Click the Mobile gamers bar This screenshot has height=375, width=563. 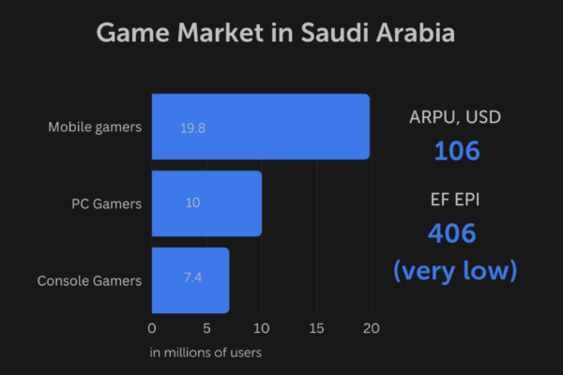260,127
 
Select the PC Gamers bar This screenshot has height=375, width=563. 206,203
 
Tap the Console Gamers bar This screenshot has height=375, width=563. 190,280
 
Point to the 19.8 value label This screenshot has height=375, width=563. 193,127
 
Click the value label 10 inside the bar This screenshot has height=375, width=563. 192,203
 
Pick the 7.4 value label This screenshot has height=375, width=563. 192,280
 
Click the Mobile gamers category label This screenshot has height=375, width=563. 95,127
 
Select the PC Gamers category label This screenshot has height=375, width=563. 106,203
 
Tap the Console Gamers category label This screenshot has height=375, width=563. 89,280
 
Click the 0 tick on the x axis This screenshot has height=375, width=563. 152,328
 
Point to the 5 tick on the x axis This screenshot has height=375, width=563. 206,328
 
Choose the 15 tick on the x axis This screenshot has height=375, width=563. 316,328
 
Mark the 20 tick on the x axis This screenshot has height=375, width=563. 371,328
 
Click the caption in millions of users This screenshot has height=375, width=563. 205,352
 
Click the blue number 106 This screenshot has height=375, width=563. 456,150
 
